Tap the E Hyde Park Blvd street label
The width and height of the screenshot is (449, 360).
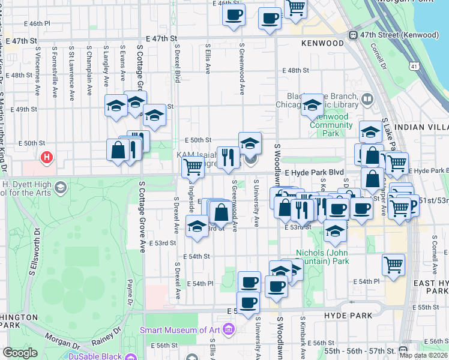315,172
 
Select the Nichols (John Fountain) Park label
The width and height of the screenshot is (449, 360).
323,257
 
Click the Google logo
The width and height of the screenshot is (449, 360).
20,352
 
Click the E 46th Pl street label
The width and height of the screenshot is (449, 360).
37,23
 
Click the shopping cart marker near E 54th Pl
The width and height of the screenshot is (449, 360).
393,265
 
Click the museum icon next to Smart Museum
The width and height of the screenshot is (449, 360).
228,329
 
